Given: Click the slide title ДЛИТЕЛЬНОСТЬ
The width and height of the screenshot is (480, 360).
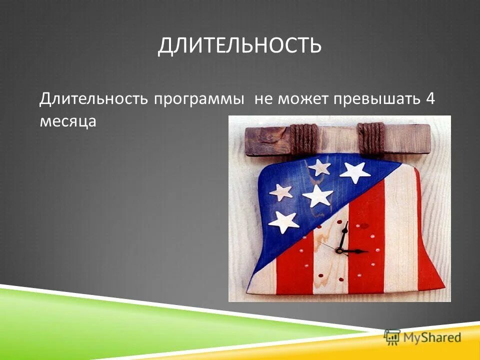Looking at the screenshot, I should point(239,46).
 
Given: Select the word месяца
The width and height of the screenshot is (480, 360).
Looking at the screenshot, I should point(67,121).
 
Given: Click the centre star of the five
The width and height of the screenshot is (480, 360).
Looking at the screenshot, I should point(317,195).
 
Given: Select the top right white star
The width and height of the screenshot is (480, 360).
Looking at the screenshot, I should point(354,171).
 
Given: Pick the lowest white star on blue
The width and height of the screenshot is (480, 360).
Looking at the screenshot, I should point(284,221).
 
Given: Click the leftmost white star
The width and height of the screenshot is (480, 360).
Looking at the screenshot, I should point(280,191).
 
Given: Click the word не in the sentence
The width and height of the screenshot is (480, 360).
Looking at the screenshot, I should point(261,98).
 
